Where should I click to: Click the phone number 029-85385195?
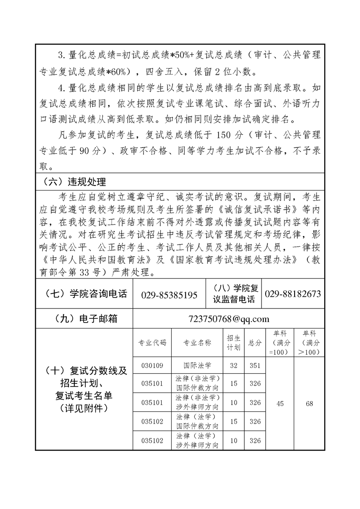(x=169, y=295)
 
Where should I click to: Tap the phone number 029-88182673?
(x=292, y=294)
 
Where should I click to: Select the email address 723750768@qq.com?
(x=228, y=319)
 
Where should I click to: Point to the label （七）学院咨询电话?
(x=84, y=294)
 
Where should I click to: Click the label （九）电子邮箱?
(x=84, y=319)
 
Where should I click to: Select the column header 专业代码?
(x=152, y=343)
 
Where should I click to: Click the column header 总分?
(x=255, y=343)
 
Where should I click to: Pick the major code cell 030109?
(x=152, y=365)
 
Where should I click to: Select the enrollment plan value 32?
(x=234, y=365)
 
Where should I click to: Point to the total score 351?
(x=255, y=365)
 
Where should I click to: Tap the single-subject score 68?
(x=309, y=403)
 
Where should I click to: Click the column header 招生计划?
(x=234, y=343)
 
